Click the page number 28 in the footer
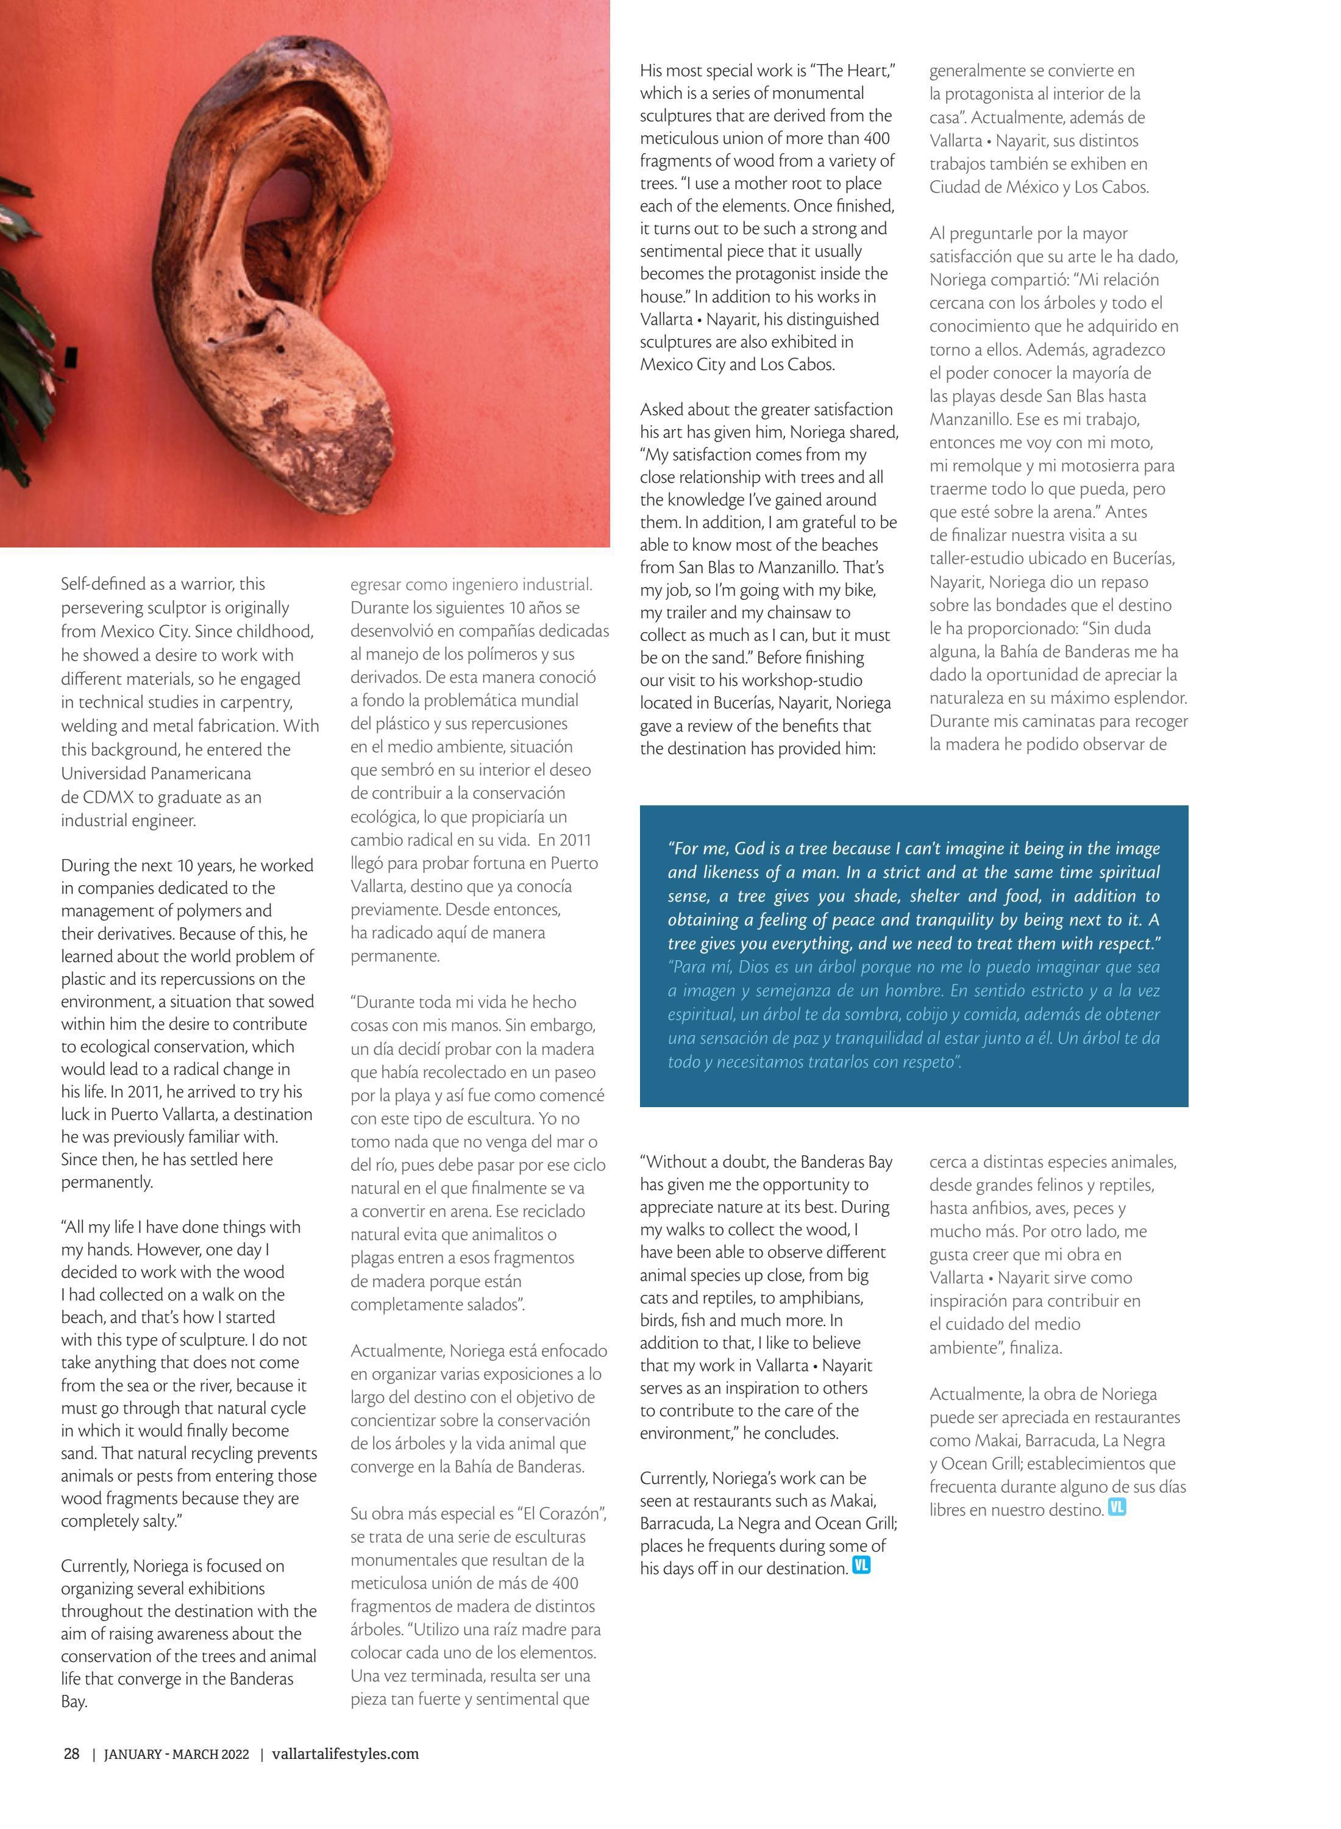pyautogui.click(x=71, y=1753)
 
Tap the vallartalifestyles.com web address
pyautogui.click(x=345, y=1753)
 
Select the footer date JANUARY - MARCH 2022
pyautogui.click(x=176, y=1754)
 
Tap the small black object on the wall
pyautogui.click(x=71, y=355)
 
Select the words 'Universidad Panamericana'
pyautogui.click(x=156, y=774)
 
